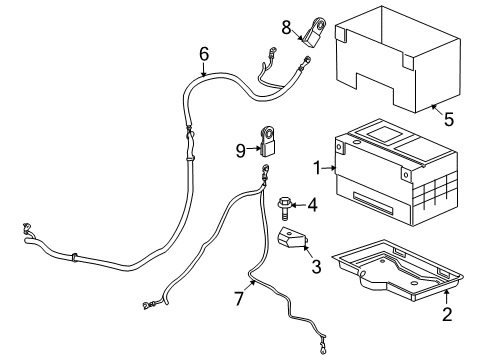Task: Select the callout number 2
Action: coord(447,315)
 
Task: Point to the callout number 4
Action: coord(313,206)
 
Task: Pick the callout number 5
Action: coord(449,118)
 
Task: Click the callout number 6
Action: coord(204,53)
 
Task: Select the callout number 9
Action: coord(240,152)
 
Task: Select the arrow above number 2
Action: coord(446,298)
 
